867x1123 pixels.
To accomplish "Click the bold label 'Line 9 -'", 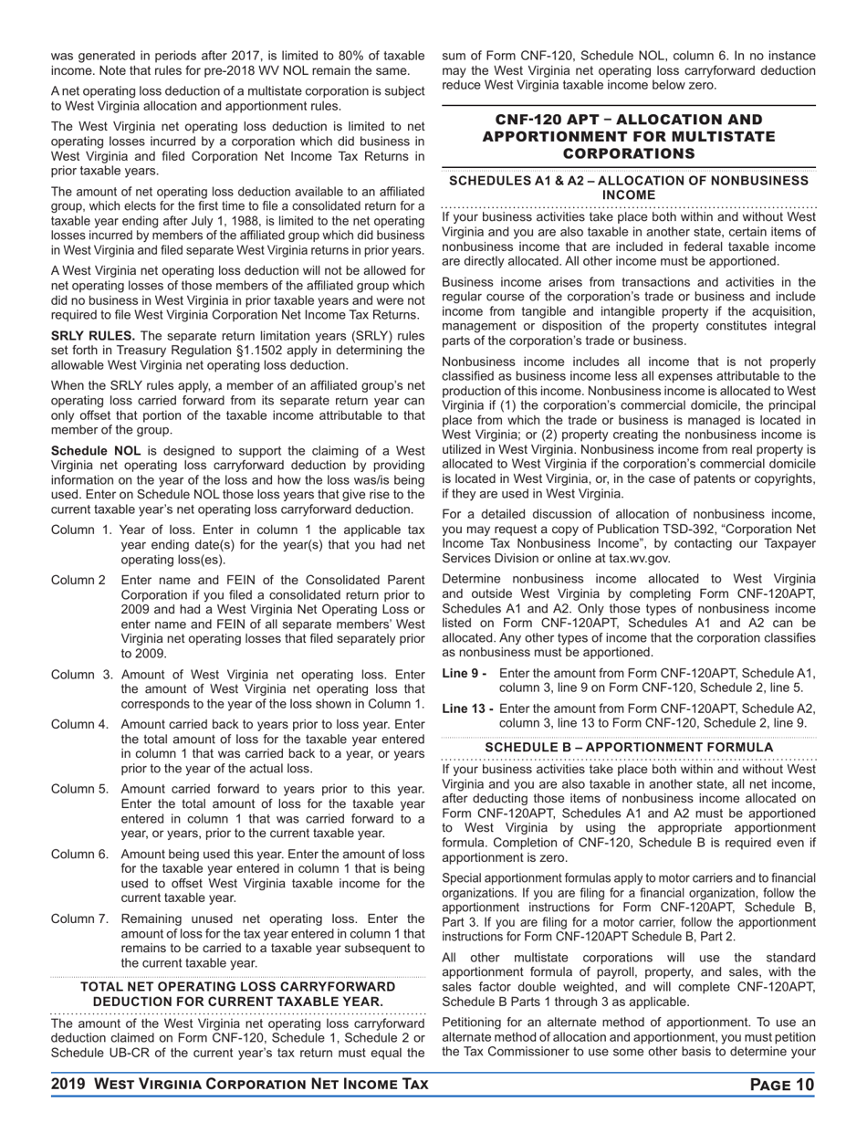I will pos(464,674).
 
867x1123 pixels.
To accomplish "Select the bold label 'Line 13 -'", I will pos(467,708).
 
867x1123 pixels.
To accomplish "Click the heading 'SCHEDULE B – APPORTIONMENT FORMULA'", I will pos(629,748).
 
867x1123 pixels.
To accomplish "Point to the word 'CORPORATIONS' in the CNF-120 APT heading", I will pos(629,153).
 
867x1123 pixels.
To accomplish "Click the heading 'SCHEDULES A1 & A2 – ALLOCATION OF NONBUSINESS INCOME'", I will pos(629,188).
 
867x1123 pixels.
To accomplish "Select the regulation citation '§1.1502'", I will pos(298,350).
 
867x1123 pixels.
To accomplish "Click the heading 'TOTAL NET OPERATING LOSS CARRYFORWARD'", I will pos(238,987).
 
